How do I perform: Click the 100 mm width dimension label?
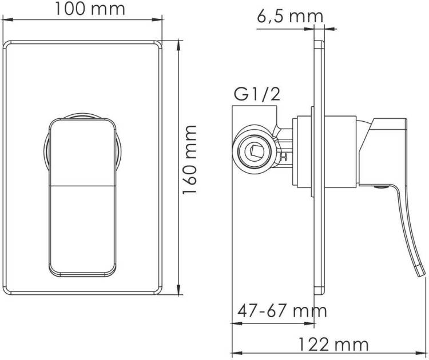(90, 9)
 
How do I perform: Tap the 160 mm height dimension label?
(189, 159)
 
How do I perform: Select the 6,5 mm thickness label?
(290, 17)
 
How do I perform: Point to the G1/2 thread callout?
(257, 94)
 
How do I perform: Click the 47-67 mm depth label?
(282, 311)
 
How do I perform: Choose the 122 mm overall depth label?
(333, 345)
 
